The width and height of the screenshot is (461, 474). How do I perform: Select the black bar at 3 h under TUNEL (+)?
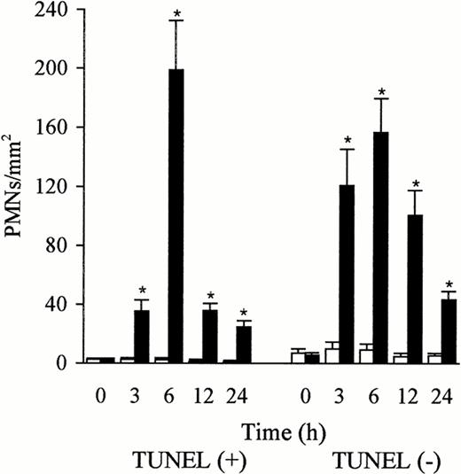pos(141,336)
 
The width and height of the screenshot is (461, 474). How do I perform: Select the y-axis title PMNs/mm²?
pos(20,187)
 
